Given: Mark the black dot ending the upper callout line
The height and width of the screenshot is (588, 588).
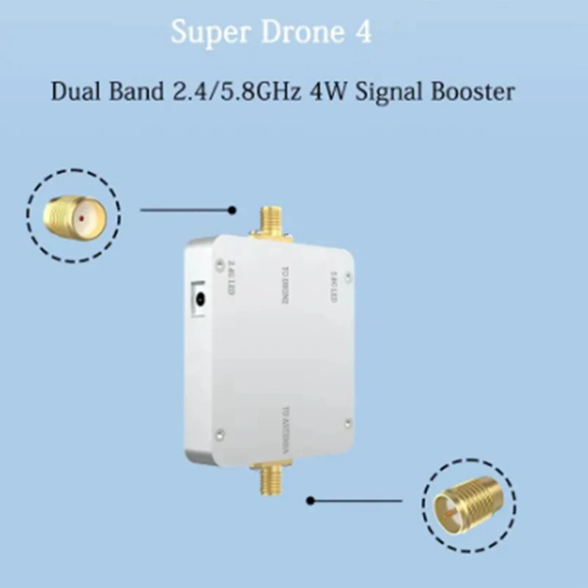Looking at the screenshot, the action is (232, 210).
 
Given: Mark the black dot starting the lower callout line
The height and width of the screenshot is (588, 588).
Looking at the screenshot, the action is (311, 501).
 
